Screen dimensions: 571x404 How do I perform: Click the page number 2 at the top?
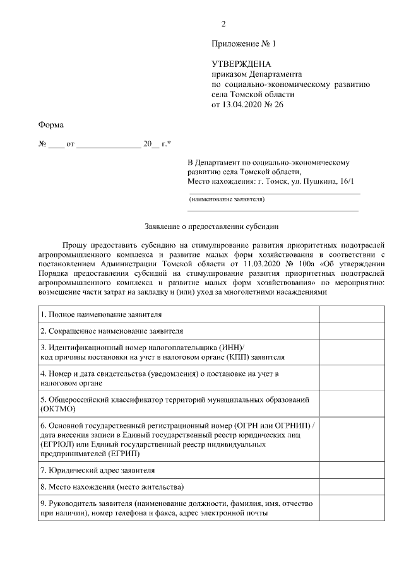(x=223, y=24)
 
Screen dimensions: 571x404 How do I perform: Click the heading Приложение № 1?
(x=244, y=44)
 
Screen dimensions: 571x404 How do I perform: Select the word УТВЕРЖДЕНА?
(x=241, y=64)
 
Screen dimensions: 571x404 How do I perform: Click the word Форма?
(x=51, y=125)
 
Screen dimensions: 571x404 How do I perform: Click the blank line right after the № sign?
(x=56, y=145)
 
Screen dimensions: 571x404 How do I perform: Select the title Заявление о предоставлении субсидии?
(x=211, y=225)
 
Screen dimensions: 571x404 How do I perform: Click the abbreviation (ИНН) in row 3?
(x=229, y=348)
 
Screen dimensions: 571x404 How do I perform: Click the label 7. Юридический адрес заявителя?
(x=97, y=470)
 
